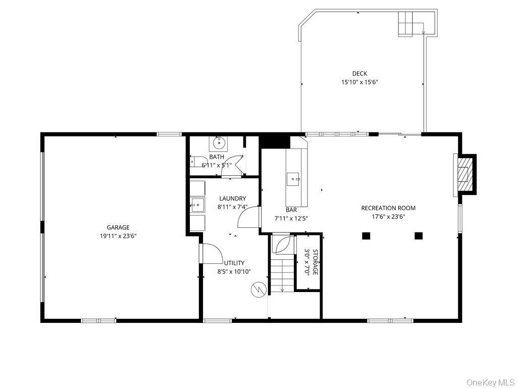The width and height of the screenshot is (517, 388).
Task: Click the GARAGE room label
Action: tap(118, 227)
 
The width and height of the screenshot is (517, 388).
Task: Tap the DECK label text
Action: tap(359, 74)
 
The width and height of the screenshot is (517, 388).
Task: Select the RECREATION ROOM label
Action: tap(388, 208)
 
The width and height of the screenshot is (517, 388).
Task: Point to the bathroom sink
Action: tap(218, 143)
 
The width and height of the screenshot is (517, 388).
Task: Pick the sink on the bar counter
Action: tap(293, 179)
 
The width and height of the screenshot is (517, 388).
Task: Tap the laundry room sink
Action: tap(197, 206)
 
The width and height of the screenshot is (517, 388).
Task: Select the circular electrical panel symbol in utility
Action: tap(258, 289)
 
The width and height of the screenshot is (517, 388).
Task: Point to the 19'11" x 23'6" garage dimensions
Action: tap(118, 236)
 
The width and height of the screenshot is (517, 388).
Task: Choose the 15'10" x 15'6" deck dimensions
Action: tap(359, 82)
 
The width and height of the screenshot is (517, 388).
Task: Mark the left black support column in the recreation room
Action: tap(366, 235)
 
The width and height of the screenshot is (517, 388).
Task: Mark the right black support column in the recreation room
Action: tap(419, 235)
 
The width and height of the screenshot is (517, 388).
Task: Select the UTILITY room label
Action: tap(234, 263)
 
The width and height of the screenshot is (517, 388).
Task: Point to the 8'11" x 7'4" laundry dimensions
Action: tap(232, 207)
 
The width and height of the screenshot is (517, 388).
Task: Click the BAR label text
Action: tap(291, 210)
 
